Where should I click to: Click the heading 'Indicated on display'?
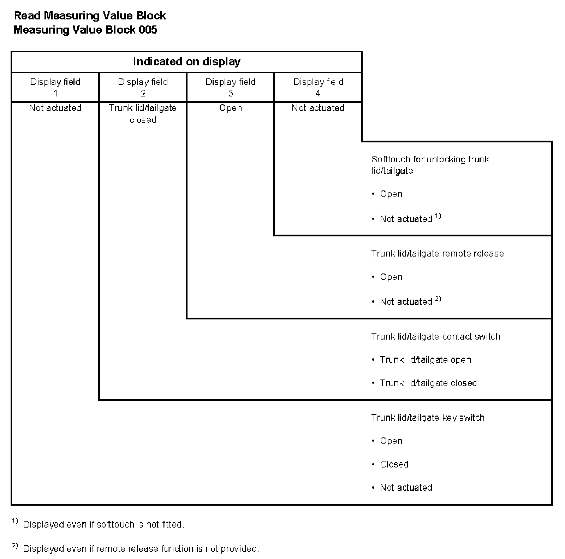tap(186, 62)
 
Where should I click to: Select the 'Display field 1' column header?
tap(55, 87)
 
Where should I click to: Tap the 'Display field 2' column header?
tap(143, 87)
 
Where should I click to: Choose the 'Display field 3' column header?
tap(231, 87)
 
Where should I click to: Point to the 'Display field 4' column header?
tap(318, 87)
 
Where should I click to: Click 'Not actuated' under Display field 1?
tap(55, 108)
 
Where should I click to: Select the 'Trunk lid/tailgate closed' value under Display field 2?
tap(143, 113)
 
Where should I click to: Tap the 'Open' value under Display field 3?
tap(231, 108)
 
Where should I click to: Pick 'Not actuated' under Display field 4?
tap(318, 108)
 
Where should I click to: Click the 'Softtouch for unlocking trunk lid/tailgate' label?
tap(430, 165)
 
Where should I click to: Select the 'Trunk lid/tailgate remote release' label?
tap(438, 253)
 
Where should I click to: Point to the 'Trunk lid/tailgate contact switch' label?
tap(435, 336)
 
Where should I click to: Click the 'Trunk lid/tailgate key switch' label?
tap(428, 418)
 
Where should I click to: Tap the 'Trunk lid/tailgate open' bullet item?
tap(425, 360)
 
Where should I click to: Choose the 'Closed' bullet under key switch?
tap(394, 464)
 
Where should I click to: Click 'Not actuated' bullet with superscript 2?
tap(406, 302)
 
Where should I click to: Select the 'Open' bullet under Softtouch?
tap(391, 194)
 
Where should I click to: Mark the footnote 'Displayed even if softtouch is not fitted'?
tap(103, 524)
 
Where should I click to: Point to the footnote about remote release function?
tap(141, 549)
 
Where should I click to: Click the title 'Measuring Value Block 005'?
tap(85, 30)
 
